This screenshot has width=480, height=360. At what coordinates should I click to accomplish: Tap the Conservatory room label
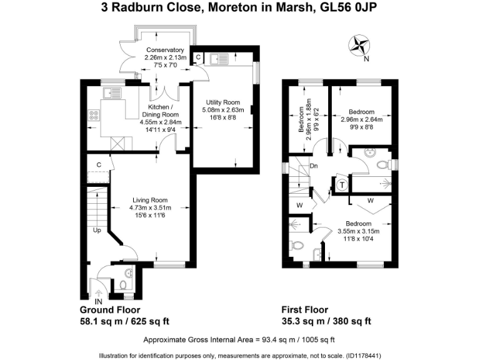point(165,50)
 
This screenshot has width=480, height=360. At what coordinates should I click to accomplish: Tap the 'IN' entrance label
point(98,302)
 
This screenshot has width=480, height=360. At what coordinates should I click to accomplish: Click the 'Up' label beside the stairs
point(97,229)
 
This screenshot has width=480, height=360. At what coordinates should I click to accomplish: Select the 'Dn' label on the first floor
point(314,166)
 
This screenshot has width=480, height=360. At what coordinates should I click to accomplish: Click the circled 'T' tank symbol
point(342,185)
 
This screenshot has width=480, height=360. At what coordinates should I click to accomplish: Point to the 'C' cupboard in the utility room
point(198,57)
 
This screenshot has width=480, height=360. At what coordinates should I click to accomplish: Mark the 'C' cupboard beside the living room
point(99,164)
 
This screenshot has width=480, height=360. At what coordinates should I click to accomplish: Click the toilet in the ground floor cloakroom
point(123,285)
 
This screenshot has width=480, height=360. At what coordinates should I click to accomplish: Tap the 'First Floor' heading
point(304,310)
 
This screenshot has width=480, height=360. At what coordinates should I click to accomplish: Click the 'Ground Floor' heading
point(110,310)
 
